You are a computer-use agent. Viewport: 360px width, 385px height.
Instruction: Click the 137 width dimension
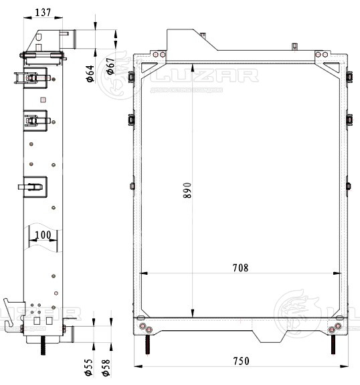click(x=43, y=12)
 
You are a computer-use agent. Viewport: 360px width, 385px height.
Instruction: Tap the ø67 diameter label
click(x=110, y=67)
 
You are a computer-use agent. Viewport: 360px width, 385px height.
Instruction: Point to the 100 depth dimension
click(x=43, y=235)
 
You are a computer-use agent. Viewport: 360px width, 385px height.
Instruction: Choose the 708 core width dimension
click(x=240, y=268)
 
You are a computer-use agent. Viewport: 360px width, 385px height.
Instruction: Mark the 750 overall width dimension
click(x=241, y=361)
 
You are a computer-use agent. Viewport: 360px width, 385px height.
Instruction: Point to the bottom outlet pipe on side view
click(x=70, y=332)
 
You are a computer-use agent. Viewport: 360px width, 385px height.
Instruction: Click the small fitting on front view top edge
click(x=294, y=46)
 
